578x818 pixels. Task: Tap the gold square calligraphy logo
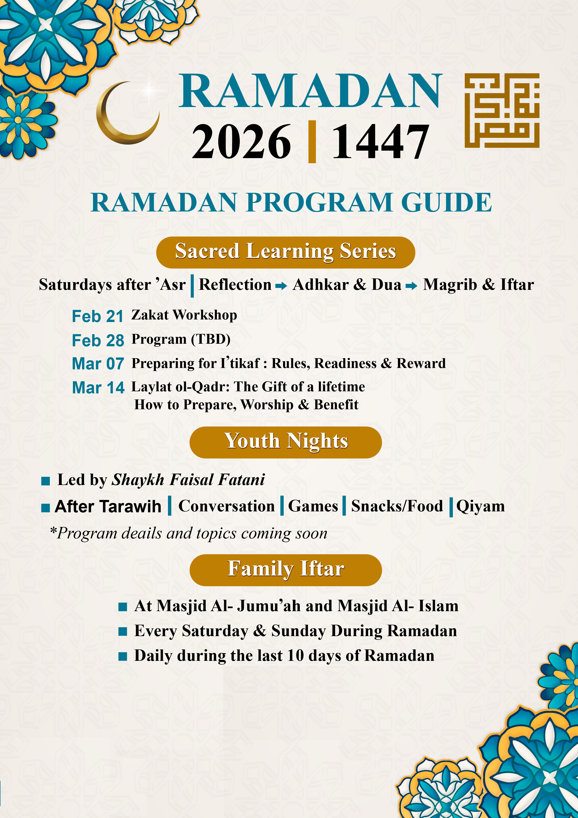tap(502, 111)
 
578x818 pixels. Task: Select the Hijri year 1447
tap(380, 142)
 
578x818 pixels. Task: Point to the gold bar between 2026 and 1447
tap(312, 142)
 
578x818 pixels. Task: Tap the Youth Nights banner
tap(285, 442)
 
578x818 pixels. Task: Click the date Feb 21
tap(98, 316)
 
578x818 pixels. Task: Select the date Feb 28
tap(98, 341)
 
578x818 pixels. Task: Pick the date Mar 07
tap(98, 364)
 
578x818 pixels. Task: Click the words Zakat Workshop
tap(184, 315)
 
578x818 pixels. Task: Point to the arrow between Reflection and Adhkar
tap(281, 286)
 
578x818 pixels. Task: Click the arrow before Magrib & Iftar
tap(411, 286)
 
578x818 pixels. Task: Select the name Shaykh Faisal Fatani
tap(188, 480)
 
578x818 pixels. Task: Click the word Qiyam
tap(480, 506)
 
